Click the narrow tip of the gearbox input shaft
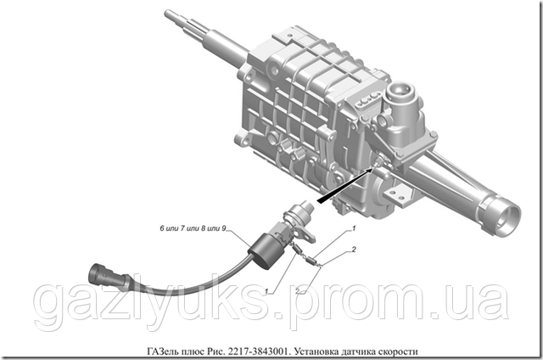click(x=173, y=15)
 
